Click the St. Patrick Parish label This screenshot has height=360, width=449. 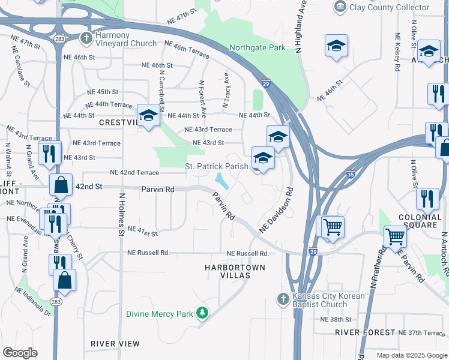click(216, 166)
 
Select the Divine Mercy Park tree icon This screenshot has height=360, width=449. click(203, 313)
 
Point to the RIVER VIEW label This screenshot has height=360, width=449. click(115, 344)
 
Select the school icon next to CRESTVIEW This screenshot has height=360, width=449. click(148, 115)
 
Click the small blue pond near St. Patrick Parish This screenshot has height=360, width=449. click(221, 179)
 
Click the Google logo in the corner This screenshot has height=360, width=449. click(20, 352)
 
